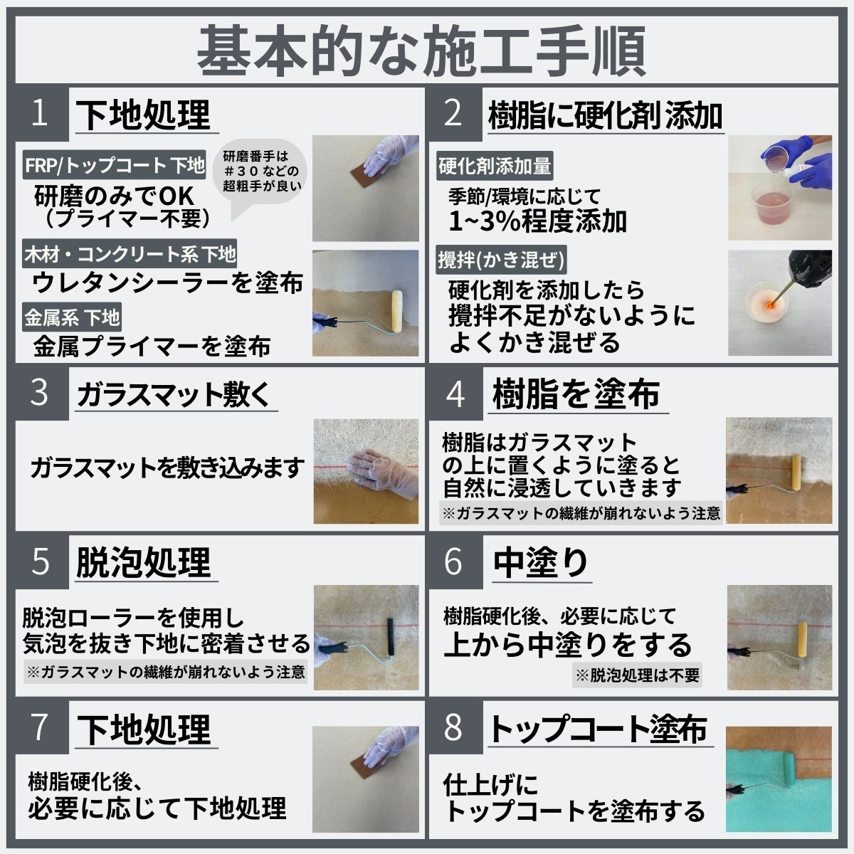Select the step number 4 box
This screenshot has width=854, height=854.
point(455,394)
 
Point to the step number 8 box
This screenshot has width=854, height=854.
point(453,727)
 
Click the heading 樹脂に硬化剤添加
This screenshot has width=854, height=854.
point(606,115)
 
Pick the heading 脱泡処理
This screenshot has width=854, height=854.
point(144,562)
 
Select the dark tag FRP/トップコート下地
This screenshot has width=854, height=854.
point(114,165)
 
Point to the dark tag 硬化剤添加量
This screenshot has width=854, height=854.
point(495,167)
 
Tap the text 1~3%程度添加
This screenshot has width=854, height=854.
point(538,221)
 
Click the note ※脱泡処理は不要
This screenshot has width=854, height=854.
point(638,675)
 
